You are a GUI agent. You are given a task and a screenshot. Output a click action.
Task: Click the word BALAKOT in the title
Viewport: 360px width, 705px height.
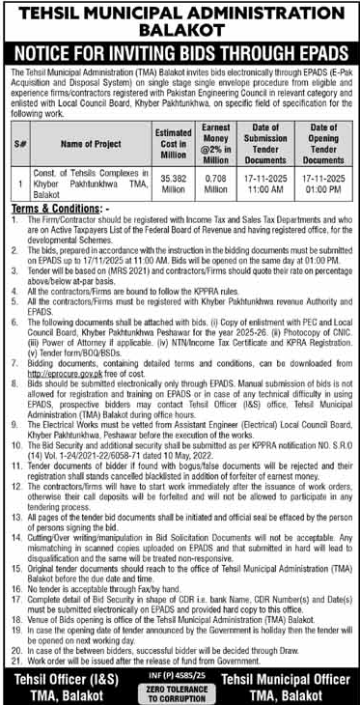coord(180,29)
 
